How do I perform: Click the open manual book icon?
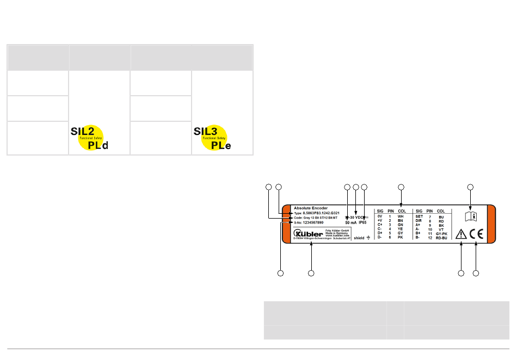tap(471, 216)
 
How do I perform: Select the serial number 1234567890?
tap(309, 222)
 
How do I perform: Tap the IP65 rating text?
tap(363, 222)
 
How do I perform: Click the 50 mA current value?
tap(351, 222)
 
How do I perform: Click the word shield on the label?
tap(359, 238)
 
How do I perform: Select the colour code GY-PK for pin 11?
tap(441, 233)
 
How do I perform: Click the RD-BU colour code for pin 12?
tap(441, 238)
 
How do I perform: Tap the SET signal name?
tap(419, 216)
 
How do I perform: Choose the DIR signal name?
tap(418, 221)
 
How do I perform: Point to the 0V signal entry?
tap(379, 216)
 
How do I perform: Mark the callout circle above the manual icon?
tap(471, 188)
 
